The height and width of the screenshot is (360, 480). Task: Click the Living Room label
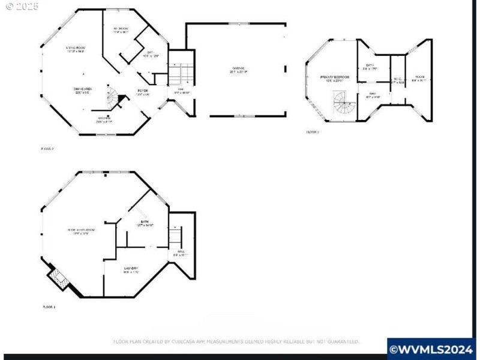click(76, 49)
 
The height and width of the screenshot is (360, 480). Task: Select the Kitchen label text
click(104, 119)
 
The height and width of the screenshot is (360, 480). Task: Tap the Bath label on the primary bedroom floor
click(371, 67)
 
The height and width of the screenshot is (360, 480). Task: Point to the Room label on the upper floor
click(419, 78)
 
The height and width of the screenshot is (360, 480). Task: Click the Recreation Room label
click(82, 230)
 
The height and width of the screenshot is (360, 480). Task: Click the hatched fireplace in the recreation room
click(58, 277)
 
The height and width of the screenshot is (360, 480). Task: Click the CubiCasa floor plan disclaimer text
click(236, 341)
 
